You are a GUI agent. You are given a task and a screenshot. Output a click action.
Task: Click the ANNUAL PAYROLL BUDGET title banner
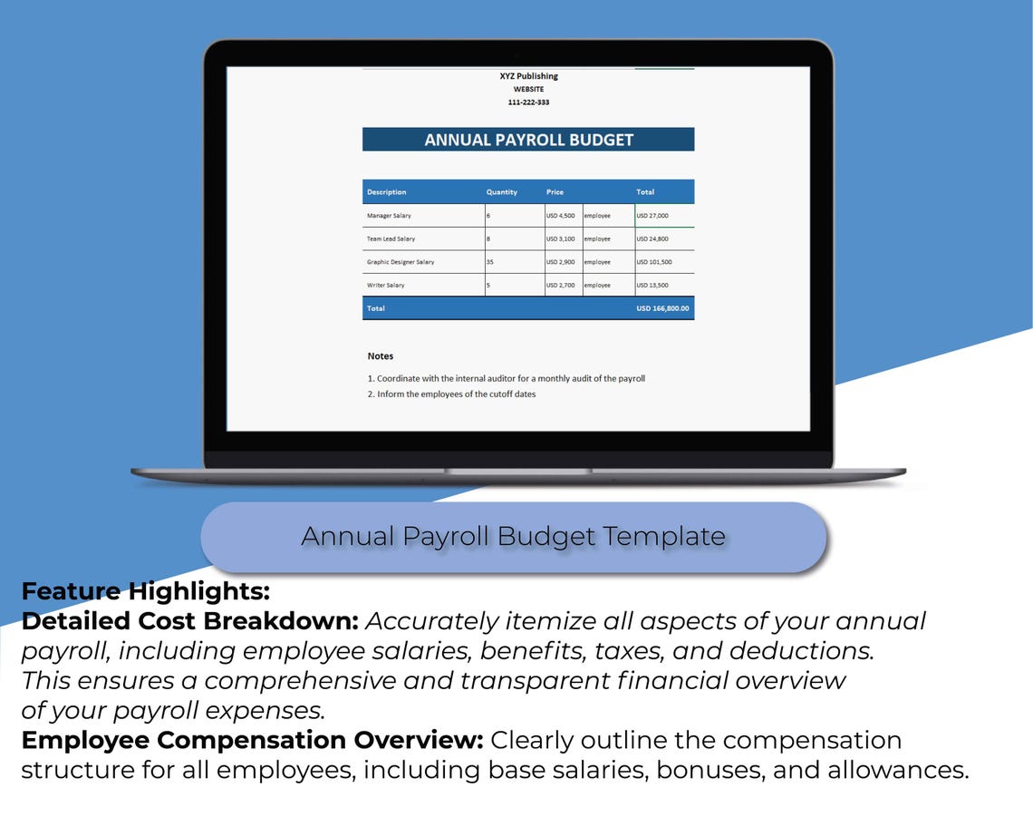point(528,140)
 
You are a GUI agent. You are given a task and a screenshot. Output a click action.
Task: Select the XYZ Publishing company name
point(528,76)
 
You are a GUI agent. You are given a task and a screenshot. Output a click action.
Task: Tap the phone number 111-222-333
point(528,102)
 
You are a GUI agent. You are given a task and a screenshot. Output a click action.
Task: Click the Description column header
point(387,192)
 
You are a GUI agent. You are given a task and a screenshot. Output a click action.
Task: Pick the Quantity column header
point(501,192)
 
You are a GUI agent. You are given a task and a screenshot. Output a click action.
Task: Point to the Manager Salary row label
point(389,216)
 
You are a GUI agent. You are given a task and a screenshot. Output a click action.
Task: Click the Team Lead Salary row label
point(391,239)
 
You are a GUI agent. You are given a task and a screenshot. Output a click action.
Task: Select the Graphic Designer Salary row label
point(401,262)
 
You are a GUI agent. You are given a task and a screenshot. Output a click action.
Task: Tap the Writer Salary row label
point(386,286)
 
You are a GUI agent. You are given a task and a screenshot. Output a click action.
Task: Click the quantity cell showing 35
point(490,262)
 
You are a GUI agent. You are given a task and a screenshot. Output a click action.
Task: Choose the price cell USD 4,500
point(560,216)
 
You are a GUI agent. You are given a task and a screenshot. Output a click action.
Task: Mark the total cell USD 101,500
point(654,262)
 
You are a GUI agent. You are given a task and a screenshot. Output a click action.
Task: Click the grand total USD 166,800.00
point(662,308)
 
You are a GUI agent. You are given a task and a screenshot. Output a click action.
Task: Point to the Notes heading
point(381,356)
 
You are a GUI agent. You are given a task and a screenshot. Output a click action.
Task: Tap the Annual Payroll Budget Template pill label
point(513,537)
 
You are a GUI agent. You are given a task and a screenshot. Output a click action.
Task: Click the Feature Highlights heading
point(146,591)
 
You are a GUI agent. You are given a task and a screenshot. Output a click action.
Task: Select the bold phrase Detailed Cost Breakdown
point(190,621)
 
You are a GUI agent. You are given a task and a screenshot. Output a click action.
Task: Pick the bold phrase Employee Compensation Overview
point(252,740)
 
